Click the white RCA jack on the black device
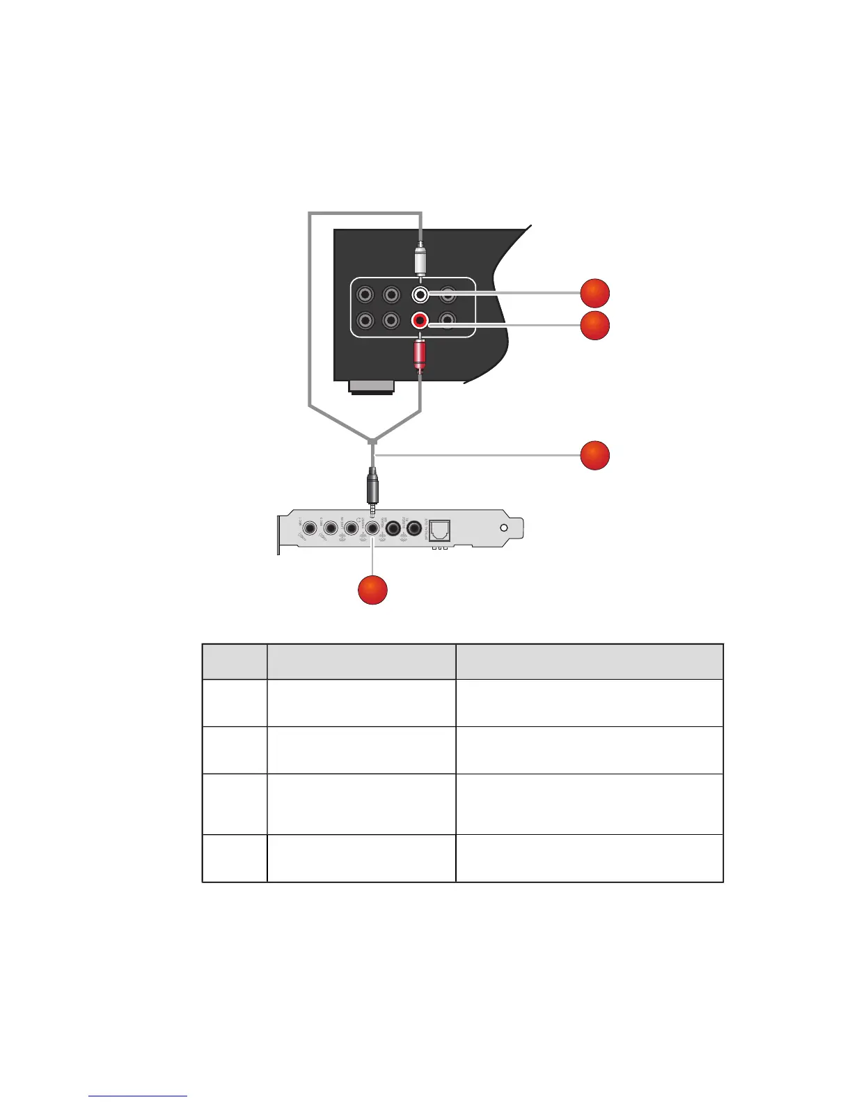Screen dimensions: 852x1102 (420, 295)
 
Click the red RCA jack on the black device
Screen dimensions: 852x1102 (420, 321)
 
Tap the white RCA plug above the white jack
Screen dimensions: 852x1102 (420, 260)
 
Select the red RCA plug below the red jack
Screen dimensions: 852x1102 (420, 354)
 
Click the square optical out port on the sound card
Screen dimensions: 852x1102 (441, 531)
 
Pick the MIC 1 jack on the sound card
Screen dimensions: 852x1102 (310, 529)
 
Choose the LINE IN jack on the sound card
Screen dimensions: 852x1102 (352, 529)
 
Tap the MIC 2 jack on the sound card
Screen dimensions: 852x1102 (331, 529)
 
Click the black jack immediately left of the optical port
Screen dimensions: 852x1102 (416, 529)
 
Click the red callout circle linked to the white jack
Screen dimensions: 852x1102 (595, 294)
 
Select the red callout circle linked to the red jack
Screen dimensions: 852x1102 (595, 326)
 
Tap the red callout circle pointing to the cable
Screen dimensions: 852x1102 (595, 456)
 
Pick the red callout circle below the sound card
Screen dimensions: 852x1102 (372, 590)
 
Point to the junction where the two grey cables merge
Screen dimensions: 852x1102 (373, 440)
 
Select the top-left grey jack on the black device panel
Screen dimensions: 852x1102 (364, 295)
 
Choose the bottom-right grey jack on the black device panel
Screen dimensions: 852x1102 (448, 321)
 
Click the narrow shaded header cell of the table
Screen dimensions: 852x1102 (235, 662)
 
